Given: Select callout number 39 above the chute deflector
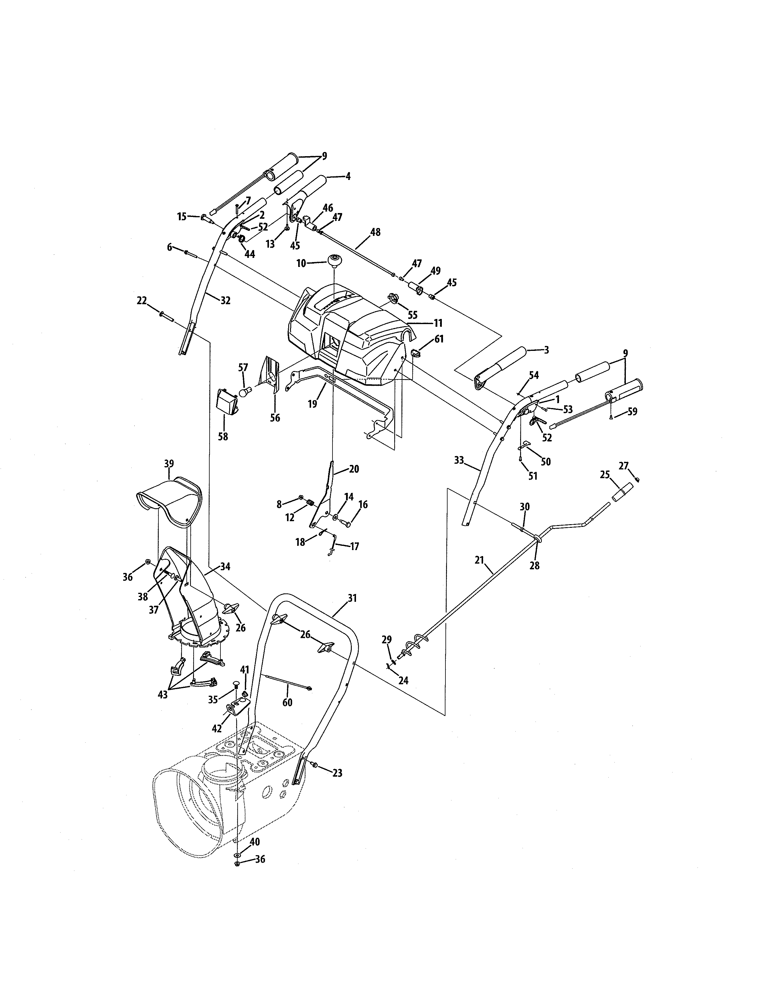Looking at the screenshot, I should [169, 463].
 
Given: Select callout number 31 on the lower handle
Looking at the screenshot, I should [352, 598].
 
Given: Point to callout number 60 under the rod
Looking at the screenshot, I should [288, 702].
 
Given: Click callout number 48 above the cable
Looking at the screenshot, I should [375, 232].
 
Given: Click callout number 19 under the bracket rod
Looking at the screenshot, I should [312, 403].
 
